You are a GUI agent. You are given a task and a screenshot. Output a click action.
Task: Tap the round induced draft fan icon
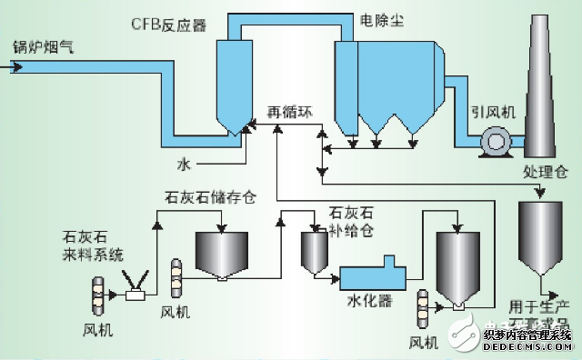coord(497,141)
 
